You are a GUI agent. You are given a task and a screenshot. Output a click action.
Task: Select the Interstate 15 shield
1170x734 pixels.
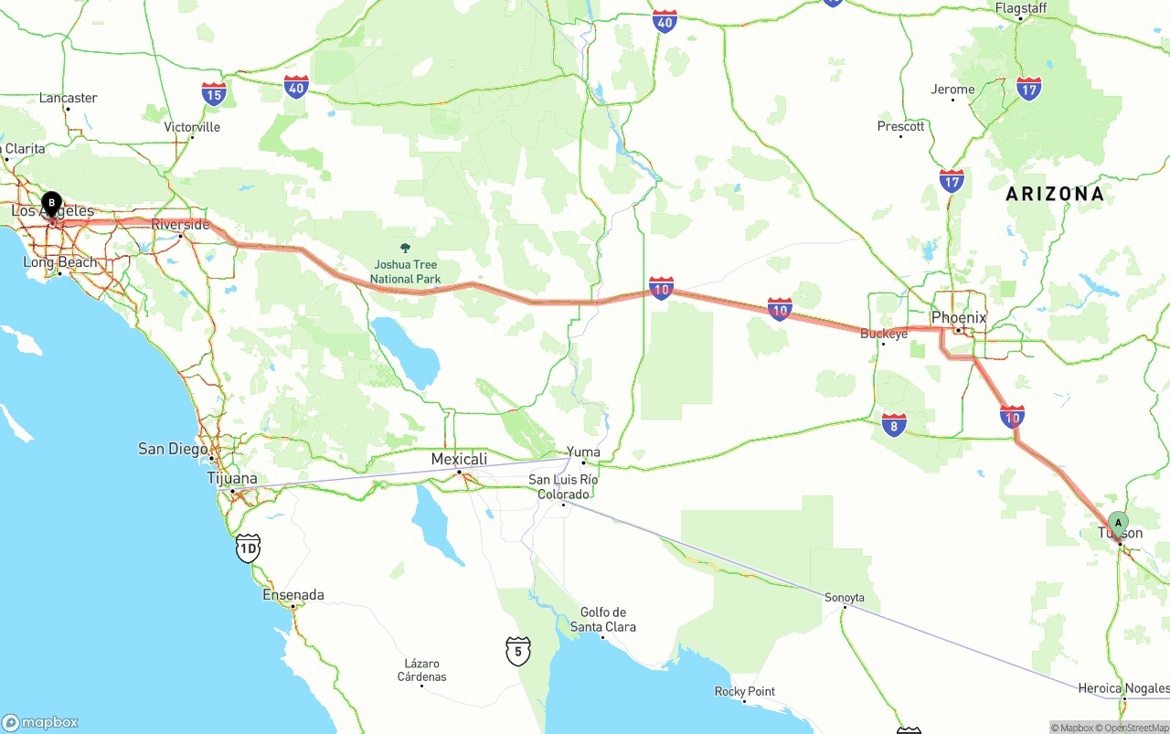[x=214, y=93]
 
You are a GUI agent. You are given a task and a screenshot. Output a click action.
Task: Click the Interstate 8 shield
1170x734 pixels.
[x=894, y=424]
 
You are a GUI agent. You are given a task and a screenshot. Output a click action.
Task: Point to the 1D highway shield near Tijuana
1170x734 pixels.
[x=248, y=548]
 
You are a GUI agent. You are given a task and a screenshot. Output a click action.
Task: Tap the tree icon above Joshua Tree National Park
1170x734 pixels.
[x=406, y=248]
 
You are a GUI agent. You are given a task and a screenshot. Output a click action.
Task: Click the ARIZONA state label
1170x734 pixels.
[x=1055, y=194]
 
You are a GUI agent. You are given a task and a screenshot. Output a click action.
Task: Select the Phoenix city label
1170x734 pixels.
[x=959, y=318]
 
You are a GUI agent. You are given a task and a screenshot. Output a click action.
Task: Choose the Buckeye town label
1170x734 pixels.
[x=884, y=334]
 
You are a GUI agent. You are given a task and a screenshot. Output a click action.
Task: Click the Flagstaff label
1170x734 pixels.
[x=1021, y=8]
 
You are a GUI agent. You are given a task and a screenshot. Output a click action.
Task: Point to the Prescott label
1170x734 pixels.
[x=900, y=126]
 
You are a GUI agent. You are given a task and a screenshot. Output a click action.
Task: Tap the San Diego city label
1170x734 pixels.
[x=173, y=449]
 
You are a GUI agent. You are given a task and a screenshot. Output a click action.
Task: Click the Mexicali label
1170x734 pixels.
[x=459, y=459]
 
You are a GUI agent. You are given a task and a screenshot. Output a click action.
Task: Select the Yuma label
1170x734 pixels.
[x=583, y=452]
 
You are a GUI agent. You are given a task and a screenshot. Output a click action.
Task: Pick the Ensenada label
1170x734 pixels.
[x=293, y=595]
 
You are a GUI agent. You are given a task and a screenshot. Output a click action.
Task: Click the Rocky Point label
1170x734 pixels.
[x=745, y=692]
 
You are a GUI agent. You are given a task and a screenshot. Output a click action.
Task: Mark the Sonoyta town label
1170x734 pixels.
[x=845, y=598]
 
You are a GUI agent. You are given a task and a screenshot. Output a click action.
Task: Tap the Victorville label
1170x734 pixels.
[x=192, y=127]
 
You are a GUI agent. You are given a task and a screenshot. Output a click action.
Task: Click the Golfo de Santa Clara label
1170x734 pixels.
[x=603, y=620]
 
